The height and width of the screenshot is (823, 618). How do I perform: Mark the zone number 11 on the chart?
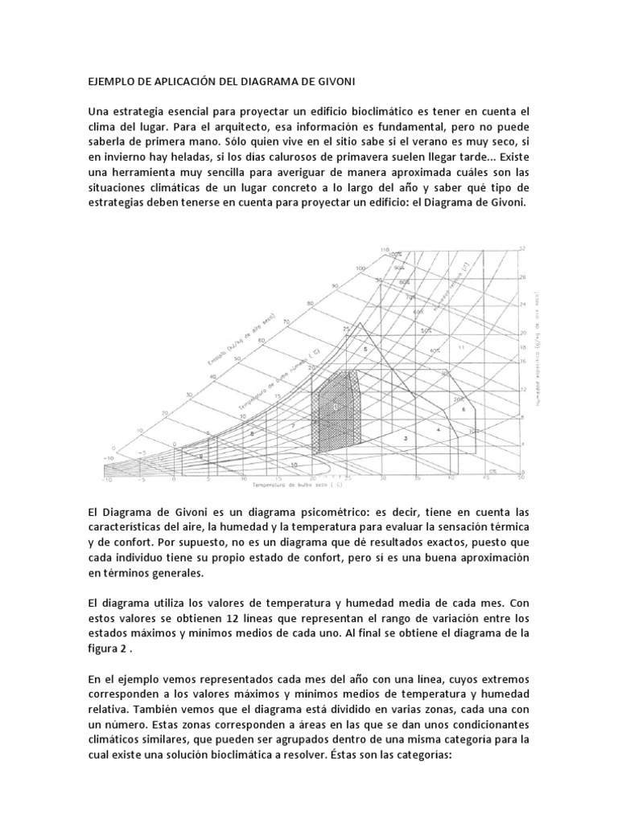(x=460, y=346)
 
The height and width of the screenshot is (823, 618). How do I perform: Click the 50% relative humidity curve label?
(x=424, y=330)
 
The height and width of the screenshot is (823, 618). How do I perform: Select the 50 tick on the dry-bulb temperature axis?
(x=521, y=478)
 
